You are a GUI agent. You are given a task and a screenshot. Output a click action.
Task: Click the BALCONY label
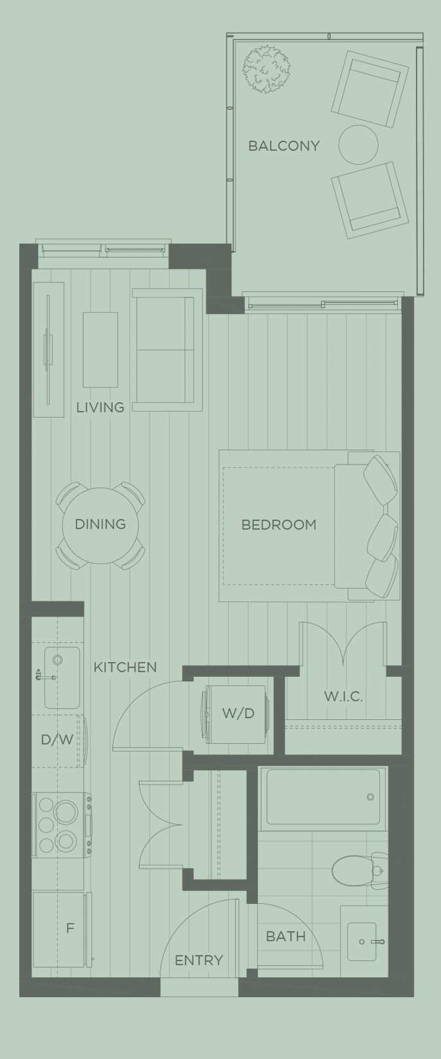(283, 146)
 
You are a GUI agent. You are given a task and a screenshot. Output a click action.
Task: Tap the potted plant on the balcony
(266, 69)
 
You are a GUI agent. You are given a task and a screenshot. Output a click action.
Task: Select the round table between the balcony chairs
(358, 145)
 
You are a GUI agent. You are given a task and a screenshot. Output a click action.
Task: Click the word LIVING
(100, 407)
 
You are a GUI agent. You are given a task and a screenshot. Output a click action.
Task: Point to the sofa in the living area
(166, 351)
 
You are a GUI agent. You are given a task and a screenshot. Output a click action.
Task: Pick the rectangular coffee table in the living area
(100, 349)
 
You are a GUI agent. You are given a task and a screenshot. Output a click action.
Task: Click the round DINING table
(100, 524)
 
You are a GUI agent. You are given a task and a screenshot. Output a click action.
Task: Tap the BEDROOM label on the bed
(278, 524)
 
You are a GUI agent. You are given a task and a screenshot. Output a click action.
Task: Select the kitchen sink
(62, 677)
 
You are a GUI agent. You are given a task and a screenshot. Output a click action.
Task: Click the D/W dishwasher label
(57, 740)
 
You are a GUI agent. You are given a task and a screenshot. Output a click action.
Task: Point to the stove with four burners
(60, 825)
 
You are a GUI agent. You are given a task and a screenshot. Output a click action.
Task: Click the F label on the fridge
(70, 928)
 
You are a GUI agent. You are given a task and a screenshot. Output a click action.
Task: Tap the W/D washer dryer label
(238, 713)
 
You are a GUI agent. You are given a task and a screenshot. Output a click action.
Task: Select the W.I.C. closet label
(343, 696)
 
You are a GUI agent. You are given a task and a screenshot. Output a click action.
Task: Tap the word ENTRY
(199, 961)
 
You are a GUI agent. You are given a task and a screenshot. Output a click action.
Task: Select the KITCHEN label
(125, 667)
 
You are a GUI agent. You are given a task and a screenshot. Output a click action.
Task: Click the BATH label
(285, 936)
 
